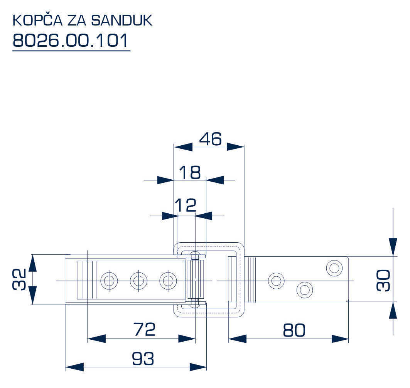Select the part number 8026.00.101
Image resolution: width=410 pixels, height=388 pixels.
[71, 41]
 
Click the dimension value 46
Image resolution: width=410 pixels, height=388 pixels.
[210, 139]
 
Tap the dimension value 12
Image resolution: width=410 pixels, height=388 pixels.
[186, 206]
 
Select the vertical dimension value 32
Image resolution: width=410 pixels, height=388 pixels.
[19, 279]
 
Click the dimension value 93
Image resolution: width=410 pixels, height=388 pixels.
[143, 359]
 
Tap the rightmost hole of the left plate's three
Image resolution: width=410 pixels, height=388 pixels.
[167, 280]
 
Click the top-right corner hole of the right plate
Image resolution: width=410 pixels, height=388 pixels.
[334, 267]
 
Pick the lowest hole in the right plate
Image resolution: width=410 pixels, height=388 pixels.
[304, 289]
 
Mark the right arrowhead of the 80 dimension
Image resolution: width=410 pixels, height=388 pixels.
[340, 339]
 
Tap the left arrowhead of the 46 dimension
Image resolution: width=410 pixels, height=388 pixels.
[183, 147]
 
